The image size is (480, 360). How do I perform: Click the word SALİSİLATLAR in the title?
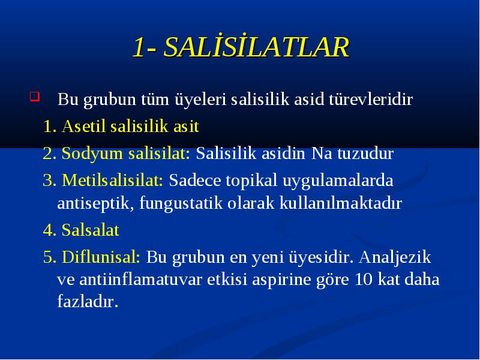(256, 47)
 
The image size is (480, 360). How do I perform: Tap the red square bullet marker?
(35, 97)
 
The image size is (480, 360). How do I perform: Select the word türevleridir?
(371, 99)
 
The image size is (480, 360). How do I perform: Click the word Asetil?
(83, 126)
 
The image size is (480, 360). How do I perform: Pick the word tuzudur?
(365, 154)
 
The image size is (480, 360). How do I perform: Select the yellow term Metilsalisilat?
(112, 180)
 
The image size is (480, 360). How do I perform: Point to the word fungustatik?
(181, 203)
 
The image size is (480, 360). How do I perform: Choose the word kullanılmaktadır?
(340, 203)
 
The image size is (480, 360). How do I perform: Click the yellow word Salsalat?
(91, 230)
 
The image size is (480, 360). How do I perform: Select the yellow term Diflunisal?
(101, 257)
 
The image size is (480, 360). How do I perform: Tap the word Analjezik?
(395, 257)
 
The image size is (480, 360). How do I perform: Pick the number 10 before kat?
(364, 280)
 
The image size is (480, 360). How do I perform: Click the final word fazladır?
(88, 302)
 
